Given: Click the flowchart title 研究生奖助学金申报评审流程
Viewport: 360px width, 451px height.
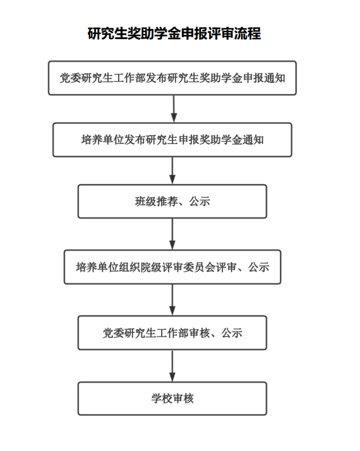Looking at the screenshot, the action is click(x=174, y=33).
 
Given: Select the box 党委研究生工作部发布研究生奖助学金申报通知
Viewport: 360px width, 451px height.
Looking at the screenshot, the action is click(x=172, y=78).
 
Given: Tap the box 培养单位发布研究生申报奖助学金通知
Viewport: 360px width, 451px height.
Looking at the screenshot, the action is click(x=172, y=140).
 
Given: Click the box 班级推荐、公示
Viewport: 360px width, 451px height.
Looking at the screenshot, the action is click(x=172, y=201).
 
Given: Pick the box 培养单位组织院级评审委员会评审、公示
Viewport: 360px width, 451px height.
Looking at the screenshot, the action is click(x=172, y=267).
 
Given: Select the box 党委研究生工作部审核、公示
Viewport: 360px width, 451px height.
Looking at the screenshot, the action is click(x=172, y=333).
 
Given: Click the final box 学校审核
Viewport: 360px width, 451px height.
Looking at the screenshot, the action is click(x=172, y=399).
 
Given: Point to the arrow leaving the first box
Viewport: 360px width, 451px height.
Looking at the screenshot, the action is click(x=174, y=109).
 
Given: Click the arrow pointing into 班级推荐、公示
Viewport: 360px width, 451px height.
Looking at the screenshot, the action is click(x=172, y=171).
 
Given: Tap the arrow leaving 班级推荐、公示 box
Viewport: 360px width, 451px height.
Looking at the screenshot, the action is click(x=172, y=234).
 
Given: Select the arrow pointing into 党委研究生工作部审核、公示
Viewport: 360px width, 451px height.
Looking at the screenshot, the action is click(x=172, y=300).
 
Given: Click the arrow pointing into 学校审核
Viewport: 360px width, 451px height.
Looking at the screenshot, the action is click(x=172, y=366).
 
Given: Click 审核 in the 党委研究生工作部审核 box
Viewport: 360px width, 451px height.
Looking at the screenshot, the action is click(x=200, y=333).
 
